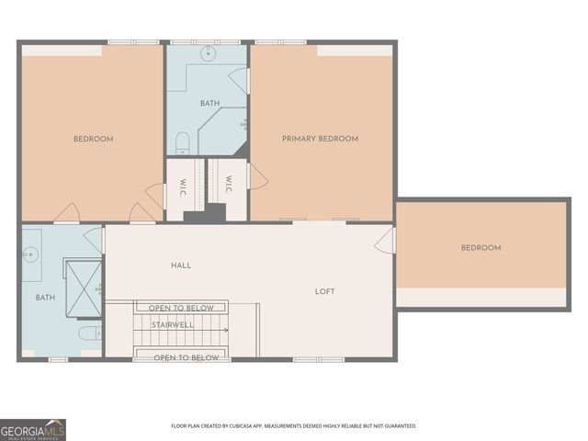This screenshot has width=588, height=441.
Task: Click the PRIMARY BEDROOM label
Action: [x=320, y=139]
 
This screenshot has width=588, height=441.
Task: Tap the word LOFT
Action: [x=325, y=291]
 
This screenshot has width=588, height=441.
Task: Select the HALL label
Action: [x=181, y=266]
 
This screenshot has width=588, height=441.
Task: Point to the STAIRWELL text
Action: [x=172, y=324]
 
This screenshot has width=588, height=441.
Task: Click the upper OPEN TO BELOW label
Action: [x=181, y=308]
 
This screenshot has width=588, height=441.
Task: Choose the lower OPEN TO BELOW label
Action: [x=186, y=357]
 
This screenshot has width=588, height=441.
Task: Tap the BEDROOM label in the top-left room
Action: [x=94, y=139]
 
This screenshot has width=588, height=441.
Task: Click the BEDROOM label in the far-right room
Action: [x=481, y=248]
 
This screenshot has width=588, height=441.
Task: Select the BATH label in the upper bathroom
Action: [x=209, y=104]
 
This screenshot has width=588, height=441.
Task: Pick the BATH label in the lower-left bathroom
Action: [x=45, y=298]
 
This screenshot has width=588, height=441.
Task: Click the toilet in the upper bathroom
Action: [x=182, y=143]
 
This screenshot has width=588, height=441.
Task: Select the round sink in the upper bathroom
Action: [x=208, y=52]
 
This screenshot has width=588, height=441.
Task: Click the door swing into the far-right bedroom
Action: [x=385, y=242]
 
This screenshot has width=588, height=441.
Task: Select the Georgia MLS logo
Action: [x=33, y=429]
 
